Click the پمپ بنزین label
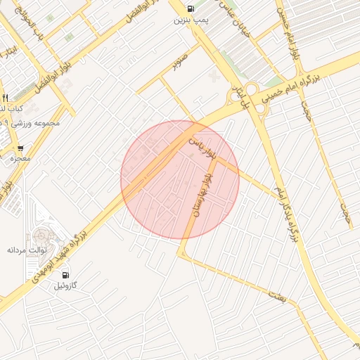point(191,21)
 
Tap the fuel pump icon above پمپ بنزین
point(191,8)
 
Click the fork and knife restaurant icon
point(5,97)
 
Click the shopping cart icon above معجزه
point(20,148)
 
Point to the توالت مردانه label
point(27,250)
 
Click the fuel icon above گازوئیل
point(65,274)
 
